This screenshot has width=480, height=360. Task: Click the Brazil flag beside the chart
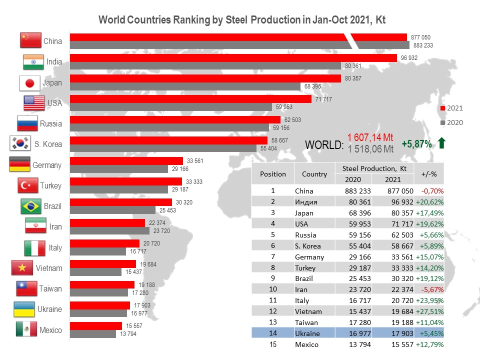pos(31,206)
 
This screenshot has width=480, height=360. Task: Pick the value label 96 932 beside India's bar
pos(409,58)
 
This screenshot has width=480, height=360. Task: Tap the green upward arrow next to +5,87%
pos(441,144)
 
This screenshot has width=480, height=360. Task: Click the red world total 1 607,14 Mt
pos(370,138)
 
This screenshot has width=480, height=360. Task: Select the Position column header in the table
pos(273,174)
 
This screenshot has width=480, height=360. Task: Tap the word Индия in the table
pos(305,202)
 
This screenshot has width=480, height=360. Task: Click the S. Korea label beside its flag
pos(48,144)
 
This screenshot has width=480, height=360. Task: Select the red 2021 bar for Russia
pos(175,120)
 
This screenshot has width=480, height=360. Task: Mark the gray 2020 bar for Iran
pos(109,231)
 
